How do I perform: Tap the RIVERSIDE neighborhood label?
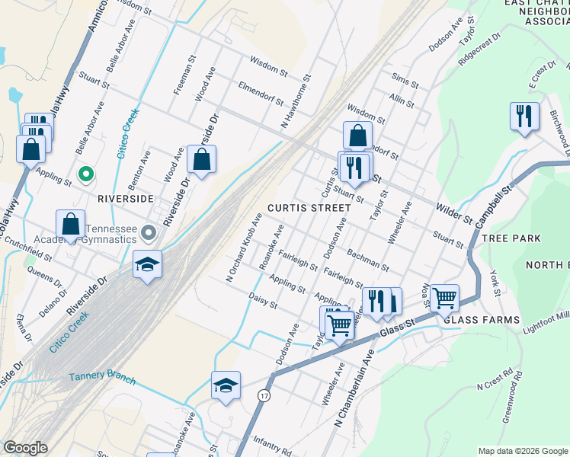click(x=126, y=198)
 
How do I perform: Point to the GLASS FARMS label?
click(x=481, y=320)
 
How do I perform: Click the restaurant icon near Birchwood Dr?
click(x=524, y=117)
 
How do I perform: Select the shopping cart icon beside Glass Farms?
click(x=444, y=298)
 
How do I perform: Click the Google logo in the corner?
click(x=25, y=448)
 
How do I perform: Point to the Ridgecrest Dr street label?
click(x=479, y=46)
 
